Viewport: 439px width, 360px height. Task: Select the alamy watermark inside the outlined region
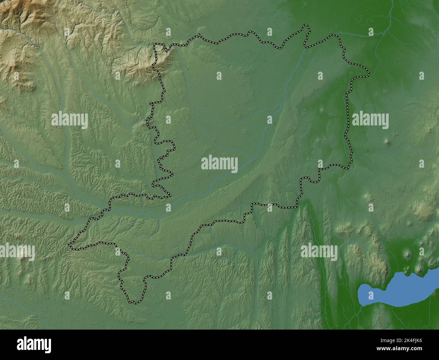(219, 163)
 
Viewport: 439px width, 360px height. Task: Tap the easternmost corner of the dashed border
(368, 73)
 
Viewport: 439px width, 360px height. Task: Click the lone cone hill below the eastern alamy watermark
(388, 142)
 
